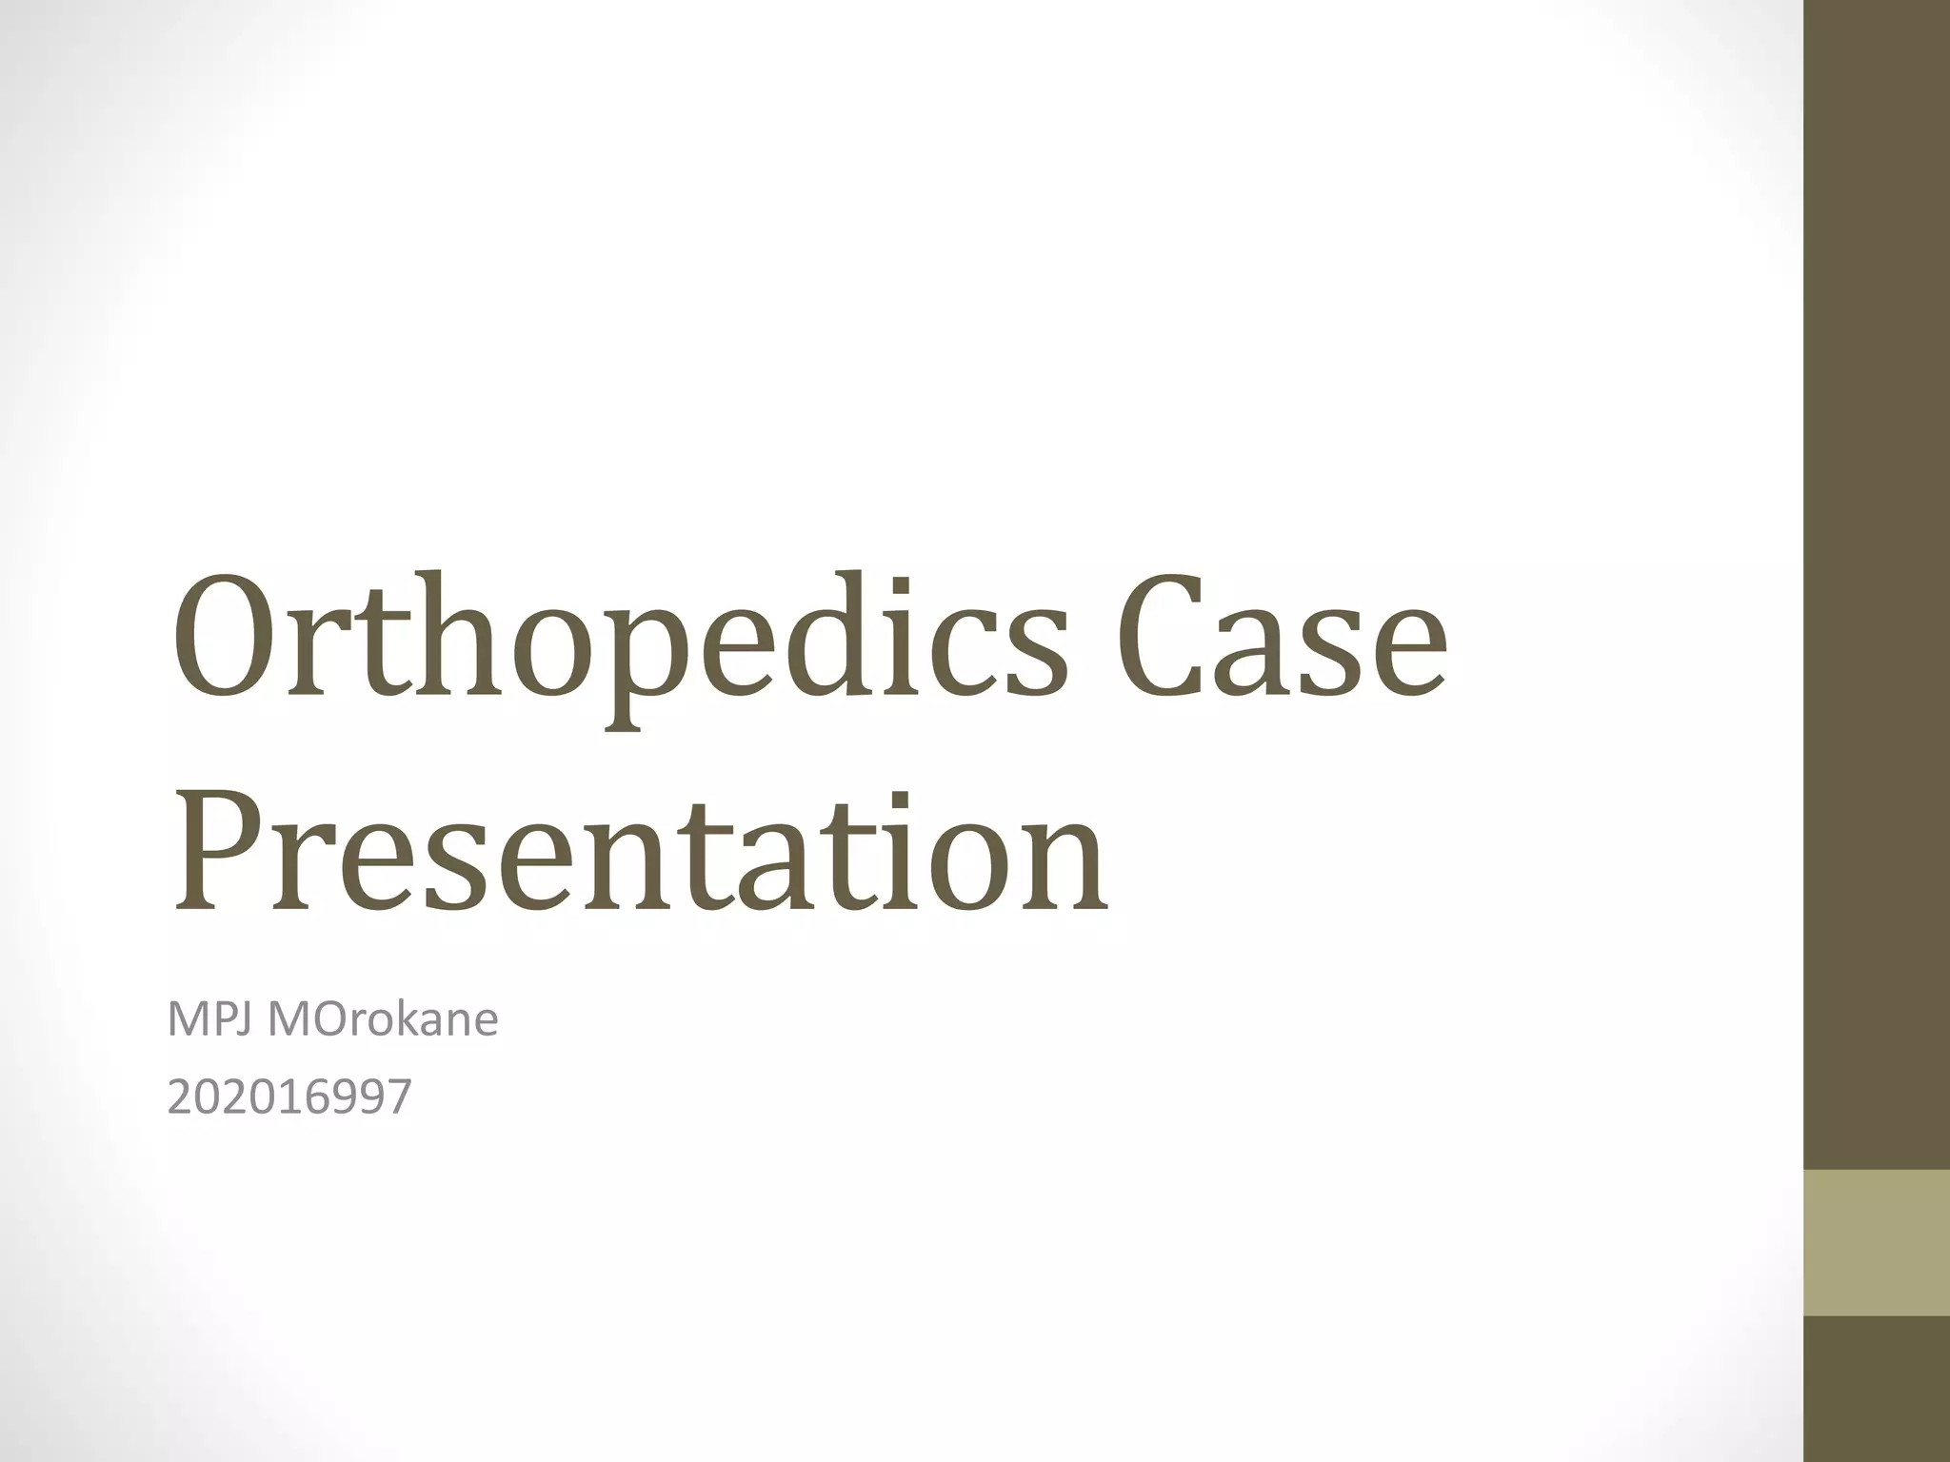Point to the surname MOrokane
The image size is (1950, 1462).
click(383, 1020)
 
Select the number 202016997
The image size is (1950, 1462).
click(289, 1097)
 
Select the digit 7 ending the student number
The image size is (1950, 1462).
click(400, 1097)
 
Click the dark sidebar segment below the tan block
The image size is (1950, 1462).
click(1877, 1389)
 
